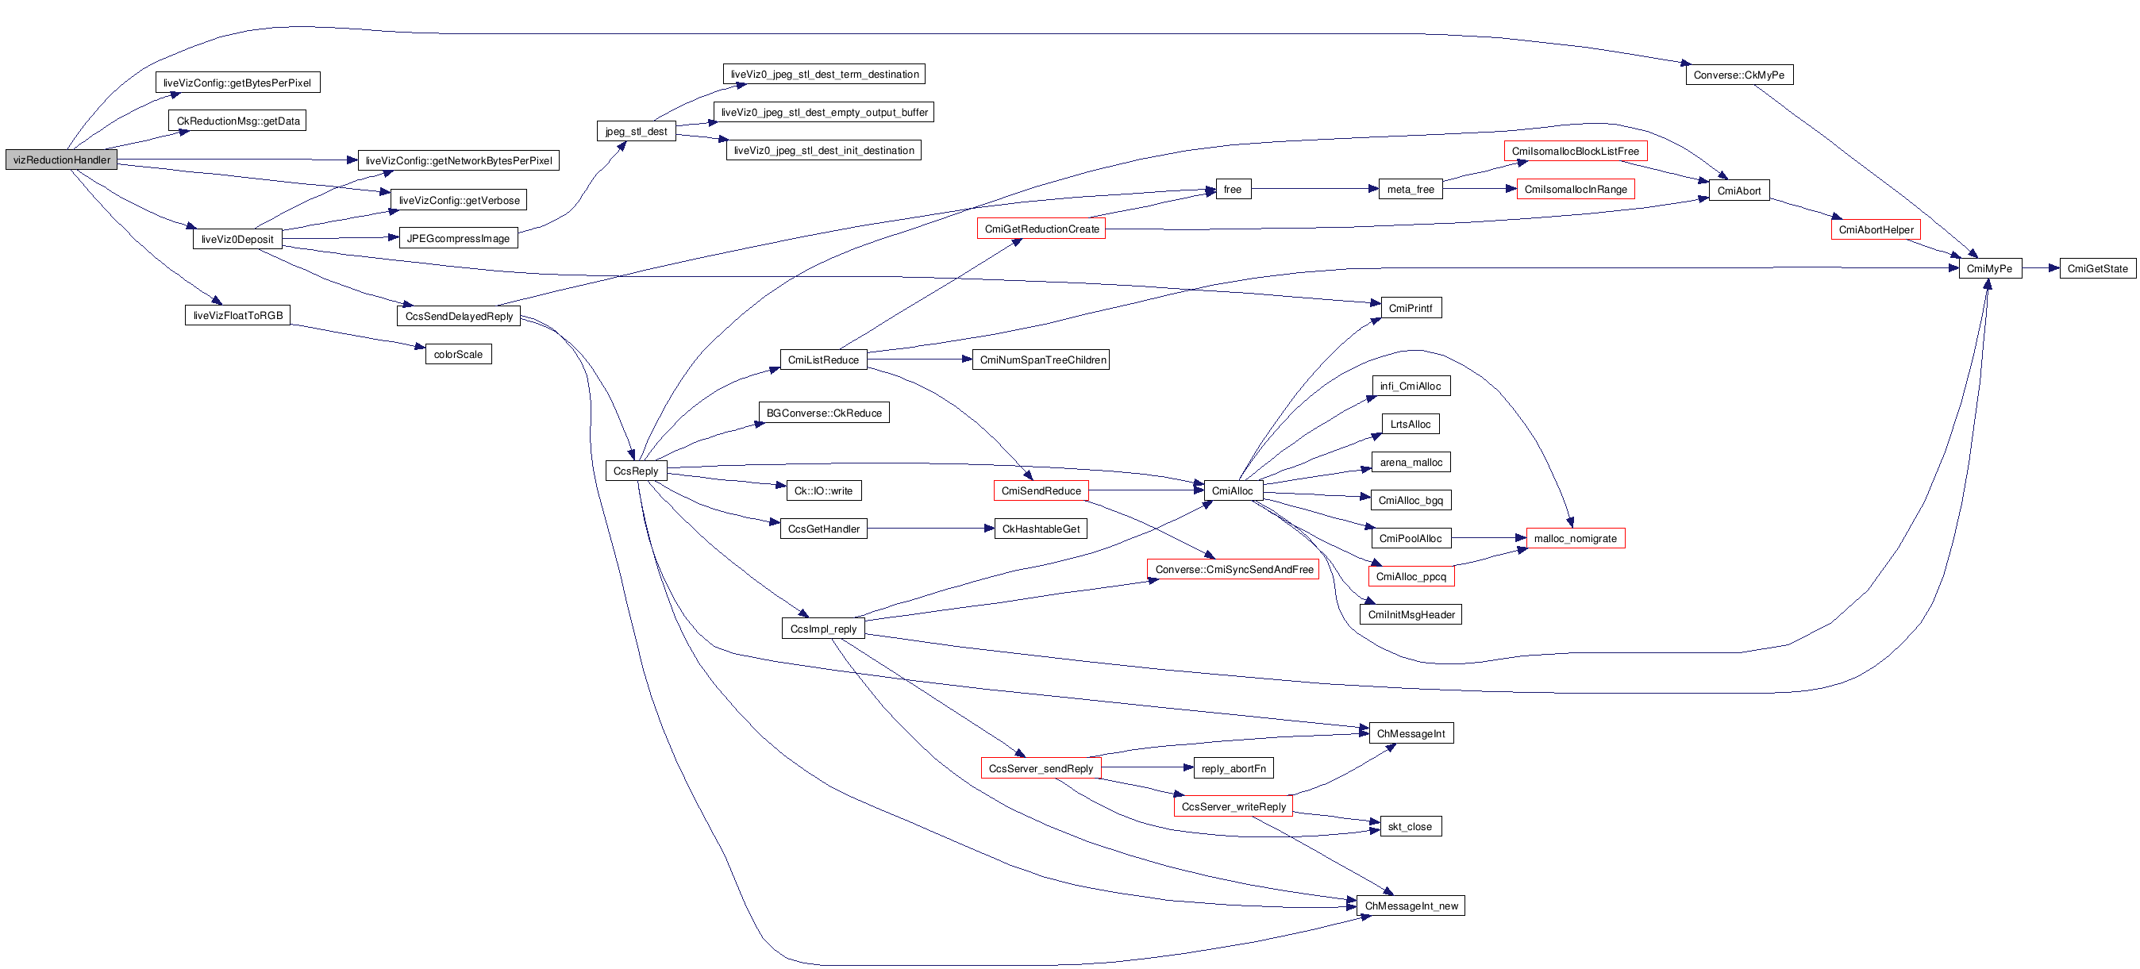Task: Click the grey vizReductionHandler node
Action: [x=61, y=160]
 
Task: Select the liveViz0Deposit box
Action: [x=237, y=239]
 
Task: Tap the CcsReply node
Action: [x=636, y=471]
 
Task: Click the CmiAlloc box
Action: [x=1233, y=490]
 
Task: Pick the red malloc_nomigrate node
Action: [x=1575, y=539]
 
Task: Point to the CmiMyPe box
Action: [x=1990, y=269]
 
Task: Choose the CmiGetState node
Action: [x=2098, y=269]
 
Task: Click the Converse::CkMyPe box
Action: [x=1738, y=75]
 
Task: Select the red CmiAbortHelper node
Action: [x=1876, y=230]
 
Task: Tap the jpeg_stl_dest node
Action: [x=637, y=131]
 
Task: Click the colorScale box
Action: [x=458, y=355]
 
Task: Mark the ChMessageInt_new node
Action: [x=1411, y=906]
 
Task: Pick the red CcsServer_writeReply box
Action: [x=1234, y=806]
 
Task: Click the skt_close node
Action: [x=1410, y=826]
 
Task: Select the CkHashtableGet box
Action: [x=1041, y=529]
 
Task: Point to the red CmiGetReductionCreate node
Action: [x=1041, y=229]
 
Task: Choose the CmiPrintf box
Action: [x=1411, y=308]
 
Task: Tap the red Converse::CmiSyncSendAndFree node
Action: [x=1234, y=570]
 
